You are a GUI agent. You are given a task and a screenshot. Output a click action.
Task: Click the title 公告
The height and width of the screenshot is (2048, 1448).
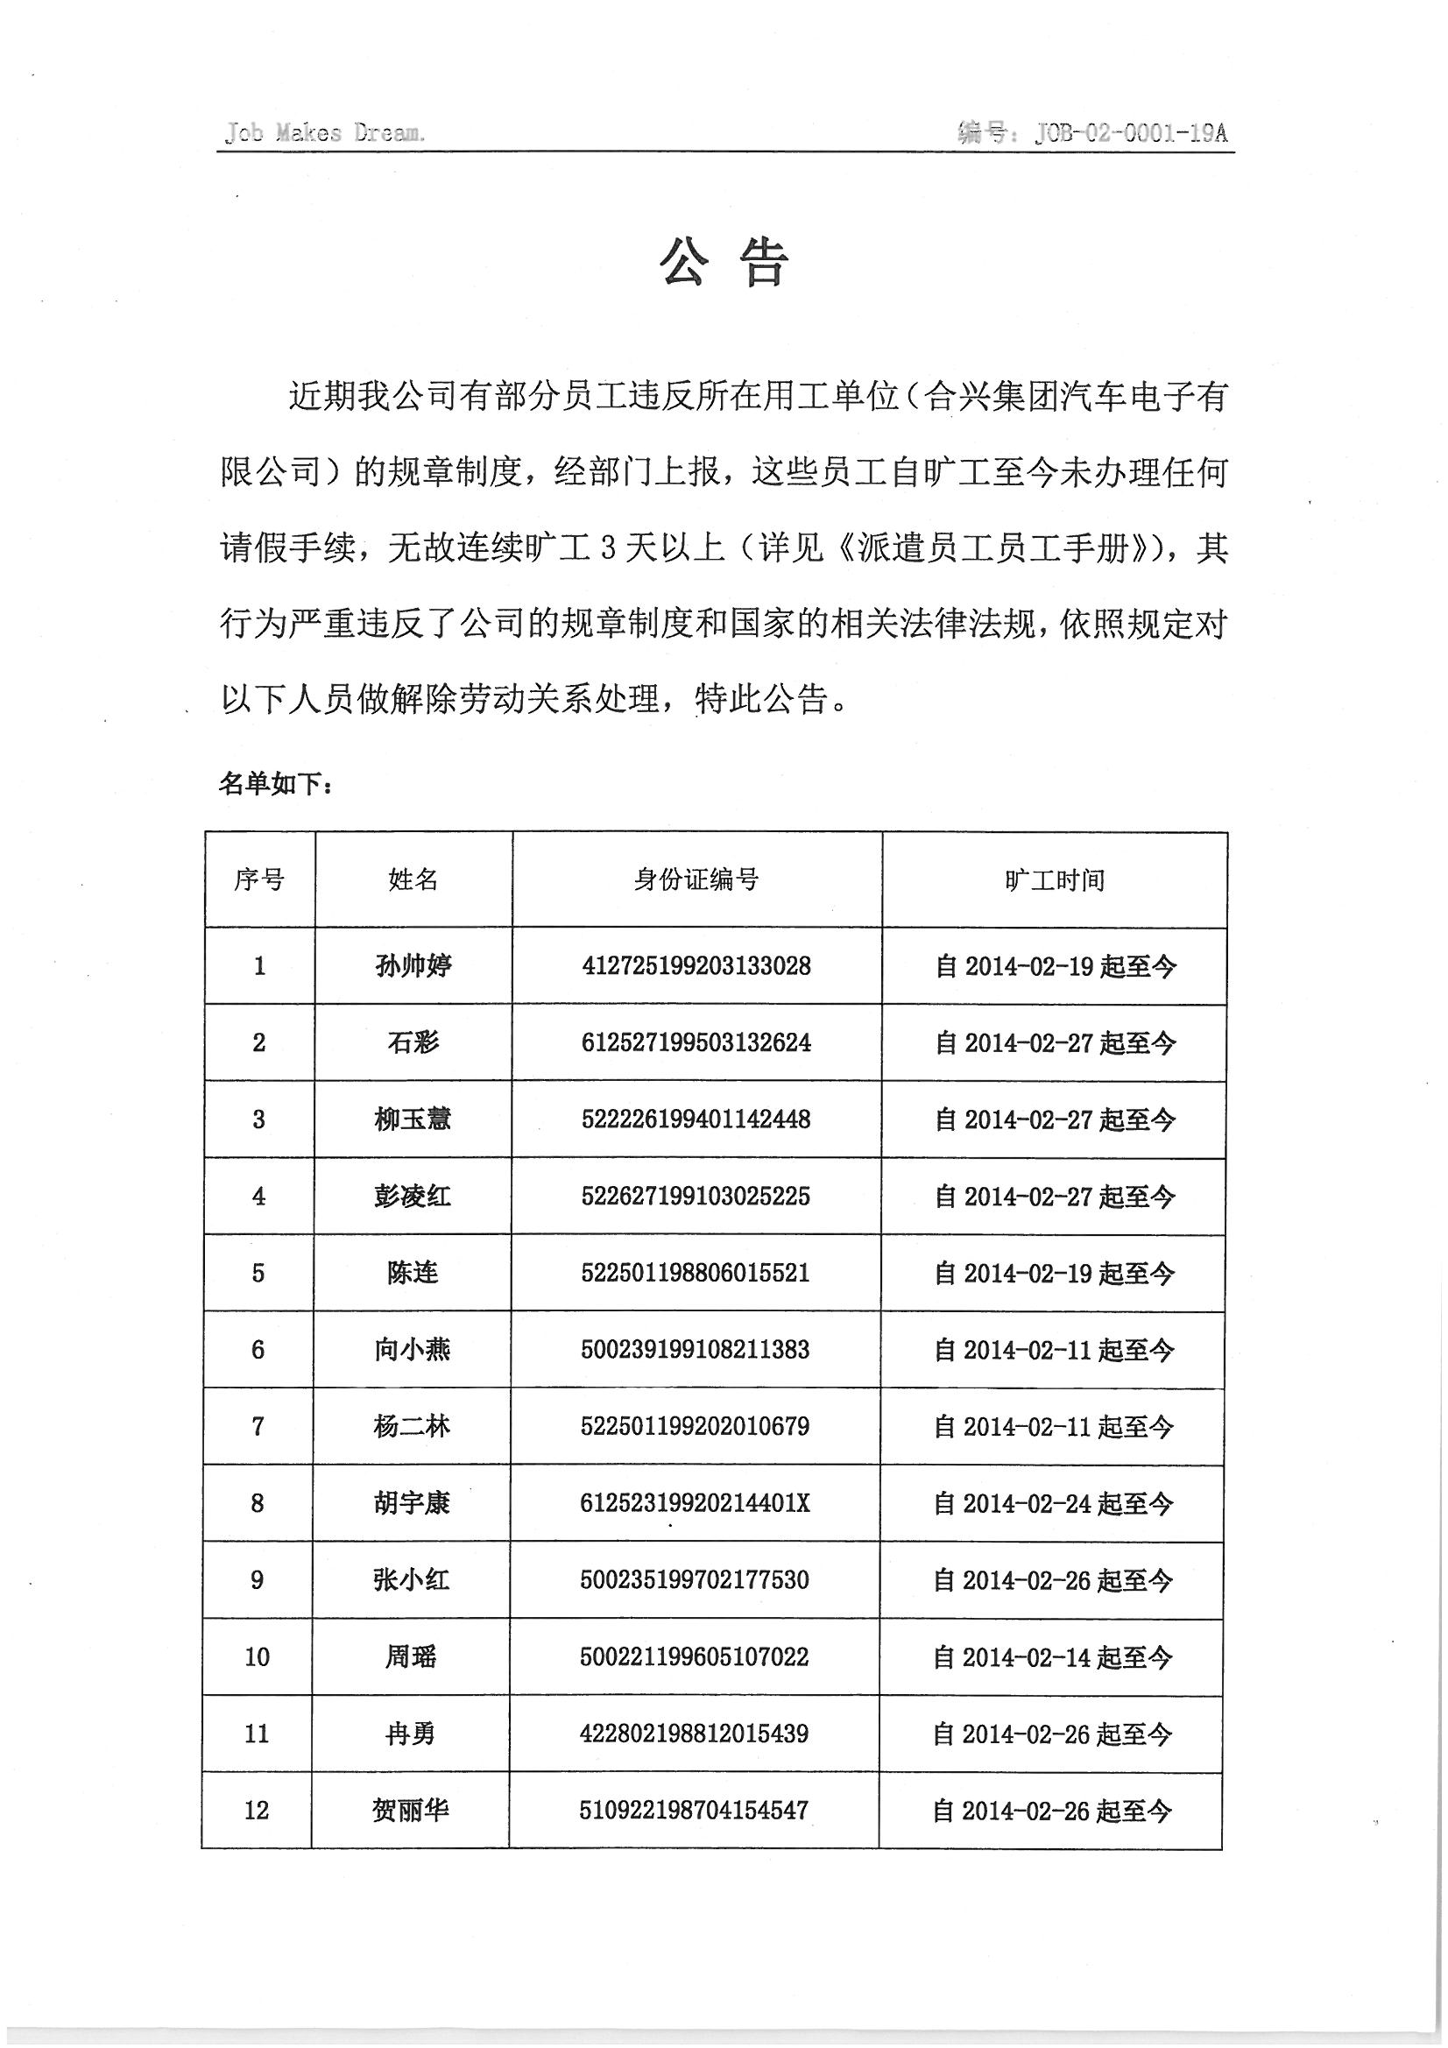point(724,264)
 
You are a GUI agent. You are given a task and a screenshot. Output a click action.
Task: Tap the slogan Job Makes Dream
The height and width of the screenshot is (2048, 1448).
point(325,133)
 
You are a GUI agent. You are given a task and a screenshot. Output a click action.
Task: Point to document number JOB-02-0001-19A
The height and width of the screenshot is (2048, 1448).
point(1130,133)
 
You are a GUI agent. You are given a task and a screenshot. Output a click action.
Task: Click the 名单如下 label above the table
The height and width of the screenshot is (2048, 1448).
point(276,784)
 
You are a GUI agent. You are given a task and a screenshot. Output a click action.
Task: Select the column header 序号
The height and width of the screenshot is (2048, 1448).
point(259,879)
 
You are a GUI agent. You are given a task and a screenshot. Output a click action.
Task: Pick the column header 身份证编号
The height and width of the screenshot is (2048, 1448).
point(696,879)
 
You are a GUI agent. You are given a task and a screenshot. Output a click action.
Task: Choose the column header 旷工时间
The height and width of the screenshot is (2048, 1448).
point(1054,880)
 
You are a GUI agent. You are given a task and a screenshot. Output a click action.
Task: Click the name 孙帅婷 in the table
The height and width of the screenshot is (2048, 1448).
point(413,965)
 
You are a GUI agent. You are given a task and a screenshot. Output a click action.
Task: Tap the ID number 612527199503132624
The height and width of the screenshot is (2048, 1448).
point(696,1042)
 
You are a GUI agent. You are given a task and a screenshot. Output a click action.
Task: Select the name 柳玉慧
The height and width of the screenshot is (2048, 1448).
point(413,1119)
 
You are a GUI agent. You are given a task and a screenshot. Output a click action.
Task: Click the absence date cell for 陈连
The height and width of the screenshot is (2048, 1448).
point(1054,1273)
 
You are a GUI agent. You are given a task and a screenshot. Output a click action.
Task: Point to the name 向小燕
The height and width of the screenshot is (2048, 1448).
point(413,1350)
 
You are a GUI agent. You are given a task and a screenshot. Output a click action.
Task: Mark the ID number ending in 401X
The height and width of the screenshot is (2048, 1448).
point(695,1503)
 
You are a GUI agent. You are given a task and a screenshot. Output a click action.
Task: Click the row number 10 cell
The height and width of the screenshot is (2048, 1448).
point(257,1656)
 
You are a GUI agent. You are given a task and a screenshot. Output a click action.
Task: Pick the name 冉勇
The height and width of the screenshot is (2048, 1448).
point(411,1734)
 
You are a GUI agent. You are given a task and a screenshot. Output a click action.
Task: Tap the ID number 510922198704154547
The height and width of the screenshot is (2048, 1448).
point(694,1810)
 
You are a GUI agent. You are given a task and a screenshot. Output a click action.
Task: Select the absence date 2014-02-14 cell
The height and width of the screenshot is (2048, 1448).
point(1053,1657)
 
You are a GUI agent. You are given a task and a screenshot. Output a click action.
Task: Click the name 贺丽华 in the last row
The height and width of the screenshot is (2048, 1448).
point(411,1810)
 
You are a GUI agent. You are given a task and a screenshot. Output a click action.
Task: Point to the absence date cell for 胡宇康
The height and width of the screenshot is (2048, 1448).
point(1053,1504)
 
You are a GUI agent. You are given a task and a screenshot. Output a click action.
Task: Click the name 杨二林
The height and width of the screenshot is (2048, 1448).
point(412,1426)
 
